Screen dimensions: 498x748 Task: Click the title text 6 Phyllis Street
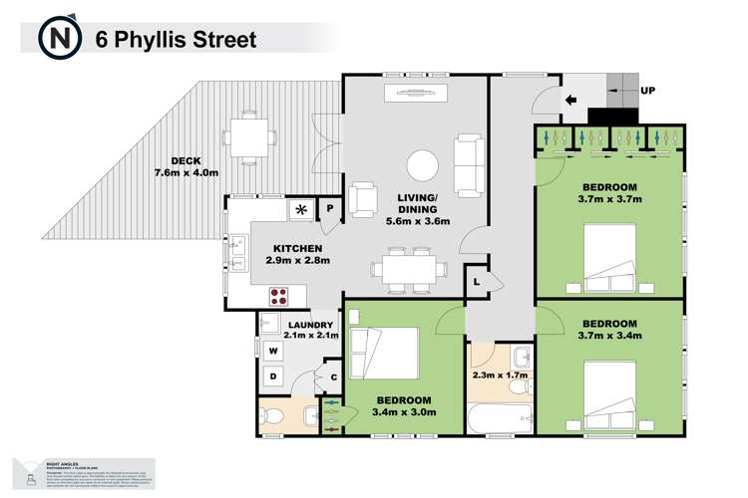176,40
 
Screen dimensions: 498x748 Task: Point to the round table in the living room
425,164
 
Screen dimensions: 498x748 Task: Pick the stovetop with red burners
279,296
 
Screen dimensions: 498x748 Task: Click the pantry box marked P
330,208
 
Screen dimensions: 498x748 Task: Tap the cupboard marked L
477,283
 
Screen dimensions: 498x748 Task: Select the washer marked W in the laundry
272,350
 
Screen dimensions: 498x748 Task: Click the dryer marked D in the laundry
272,375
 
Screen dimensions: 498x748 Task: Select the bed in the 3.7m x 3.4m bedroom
608,394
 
